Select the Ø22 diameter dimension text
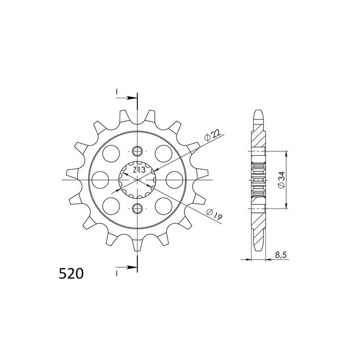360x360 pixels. point(213,135)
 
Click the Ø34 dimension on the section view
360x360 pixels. point(281,180)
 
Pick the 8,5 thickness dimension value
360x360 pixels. point(280,255)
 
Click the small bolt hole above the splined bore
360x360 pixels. point(138,151)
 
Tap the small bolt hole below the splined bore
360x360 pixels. point(138,207)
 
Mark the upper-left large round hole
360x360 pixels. point(110,153)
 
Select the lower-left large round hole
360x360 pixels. point(110,205)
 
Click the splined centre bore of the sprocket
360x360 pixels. point(138,179)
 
